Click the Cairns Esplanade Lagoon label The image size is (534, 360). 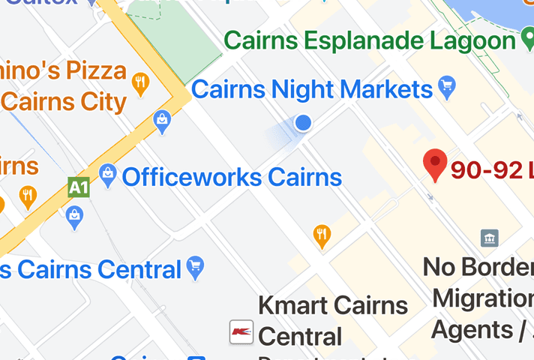pyautogui.click(x=370, y=40)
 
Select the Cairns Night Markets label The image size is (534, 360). pyautogui.click(x=312, y=90)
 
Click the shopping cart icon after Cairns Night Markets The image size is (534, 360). pyautogui.click(x=448, y=88)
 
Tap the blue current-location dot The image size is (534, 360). pyautogui.click(x=303, y=123)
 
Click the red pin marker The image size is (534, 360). pyautogui.click(x=435, y=164)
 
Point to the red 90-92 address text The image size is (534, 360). pyautogui.click(x=491, y=170)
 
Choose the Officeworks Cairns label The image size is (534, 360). pyautogui.click(x=231, y=178)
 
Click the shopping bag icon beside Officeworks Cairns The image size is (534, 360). pyautogui.click(x=108, y=176)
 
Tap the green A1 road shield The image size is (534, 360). pyautogui.click(x=78, y=186)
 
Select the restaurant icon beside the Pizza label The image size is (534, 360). pyautogui.click(x=139, y=83)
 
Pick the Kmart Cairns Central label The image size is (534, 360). pyautogui.click(x=332, y=320)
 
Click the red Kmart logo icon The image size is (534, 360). pyautogui.click(x=241, y=331)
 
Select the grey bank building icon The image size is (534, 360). pyautogui.click(x=490, y=238)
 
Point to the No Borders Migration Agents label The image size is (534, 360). pyautogui.click(x=480, y=298)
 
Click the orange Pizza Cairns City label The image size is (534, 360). pyautogui.click(x=64, y=85)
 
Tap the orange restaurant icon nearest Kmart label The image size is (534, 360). pyautogui.click(x=322, y=235)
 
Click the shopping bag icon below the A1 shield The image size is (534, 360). pyautogui.click(x=74, y=217)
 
